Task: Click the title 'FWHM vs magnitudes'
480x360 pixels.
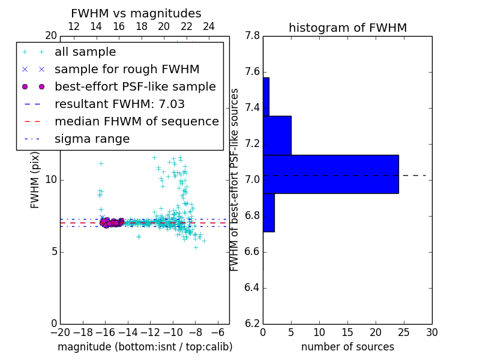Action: (x=136, y=13)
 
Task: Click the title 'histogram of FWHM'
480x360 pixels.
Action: (x=347, y=28)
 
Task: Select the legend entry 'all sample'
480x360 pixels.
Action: (x=85, y=52)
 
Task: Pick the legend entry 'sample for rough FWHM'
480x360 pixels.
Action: (x=127, y=70)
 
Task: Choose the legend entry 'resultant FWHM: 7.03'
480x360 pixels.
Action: (x=119, y=104)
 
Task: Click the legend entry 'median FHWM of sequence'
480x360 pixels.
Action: (x=136, y=122)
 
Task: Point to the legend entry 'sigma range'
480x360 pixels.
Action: (x=92, y=139)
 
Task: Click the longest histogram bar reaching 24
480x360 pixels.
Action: (x=331, y=174)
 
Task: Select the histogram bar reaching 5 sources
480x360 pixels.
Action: (x=277, y=135)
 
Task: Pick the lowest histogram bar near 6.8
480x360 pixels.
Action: (x=269, y=212)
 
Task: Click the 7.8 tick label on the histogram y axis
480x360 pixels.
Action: (x=253, y=36)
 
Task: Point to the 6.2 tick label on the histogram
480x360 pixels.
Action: (x=253, y=323)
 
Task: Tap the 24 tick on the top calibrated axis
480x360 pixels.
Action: (x=209, y=27)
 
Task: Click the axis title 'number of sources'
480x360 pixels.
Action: (x=347, y=347)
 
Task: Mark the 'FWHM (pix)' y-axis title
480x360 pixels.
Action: (x=35, y=179)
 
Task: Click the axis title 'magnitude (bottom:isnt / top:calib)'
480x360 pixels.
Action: (x=145, y=347)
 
